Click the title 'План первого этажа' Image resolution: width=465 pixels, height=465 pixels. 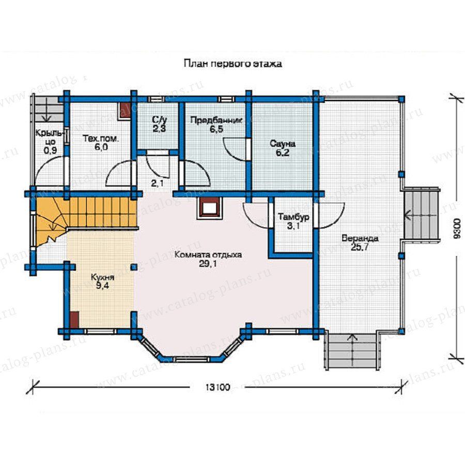pos(233,64)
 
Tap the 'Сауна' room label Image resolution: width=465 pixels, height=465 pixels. pos(283,144)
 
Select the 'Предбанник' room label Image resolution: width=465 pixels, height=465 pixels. pos(216,120)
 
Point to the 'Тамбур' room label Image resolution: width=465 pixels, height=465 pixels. pos(293,217)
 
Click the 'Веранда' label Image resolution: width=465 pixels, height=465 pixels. pos(360,238)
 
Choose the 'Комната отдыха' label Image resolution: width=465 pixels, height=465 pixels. pos(208,255)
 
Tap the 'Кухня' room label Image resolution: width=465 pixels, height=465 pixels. pos(103,277)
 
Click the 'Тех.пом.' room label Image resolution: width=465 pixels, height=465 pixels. pos(101,138)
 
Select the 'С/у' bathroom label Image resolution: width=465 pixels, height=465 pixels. pos(160,120)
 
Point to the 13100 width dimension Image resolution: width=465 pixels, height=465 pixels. pos(218,388)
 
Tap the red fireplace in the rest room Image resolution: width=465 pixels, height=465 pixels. pos(209,208)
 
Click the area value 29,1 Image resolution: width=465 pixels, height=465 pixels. pos(208,263)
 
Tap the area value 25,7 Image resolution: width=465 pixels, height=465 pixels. pos(360,247)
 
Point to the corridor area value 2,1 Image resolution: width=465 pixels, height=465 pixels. pos(157,183)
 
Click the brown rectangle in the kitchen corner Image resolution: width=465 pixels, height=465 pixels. pos(74,320)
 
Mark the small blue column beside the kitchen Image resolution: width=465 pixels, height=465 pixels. pos(134,267)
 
